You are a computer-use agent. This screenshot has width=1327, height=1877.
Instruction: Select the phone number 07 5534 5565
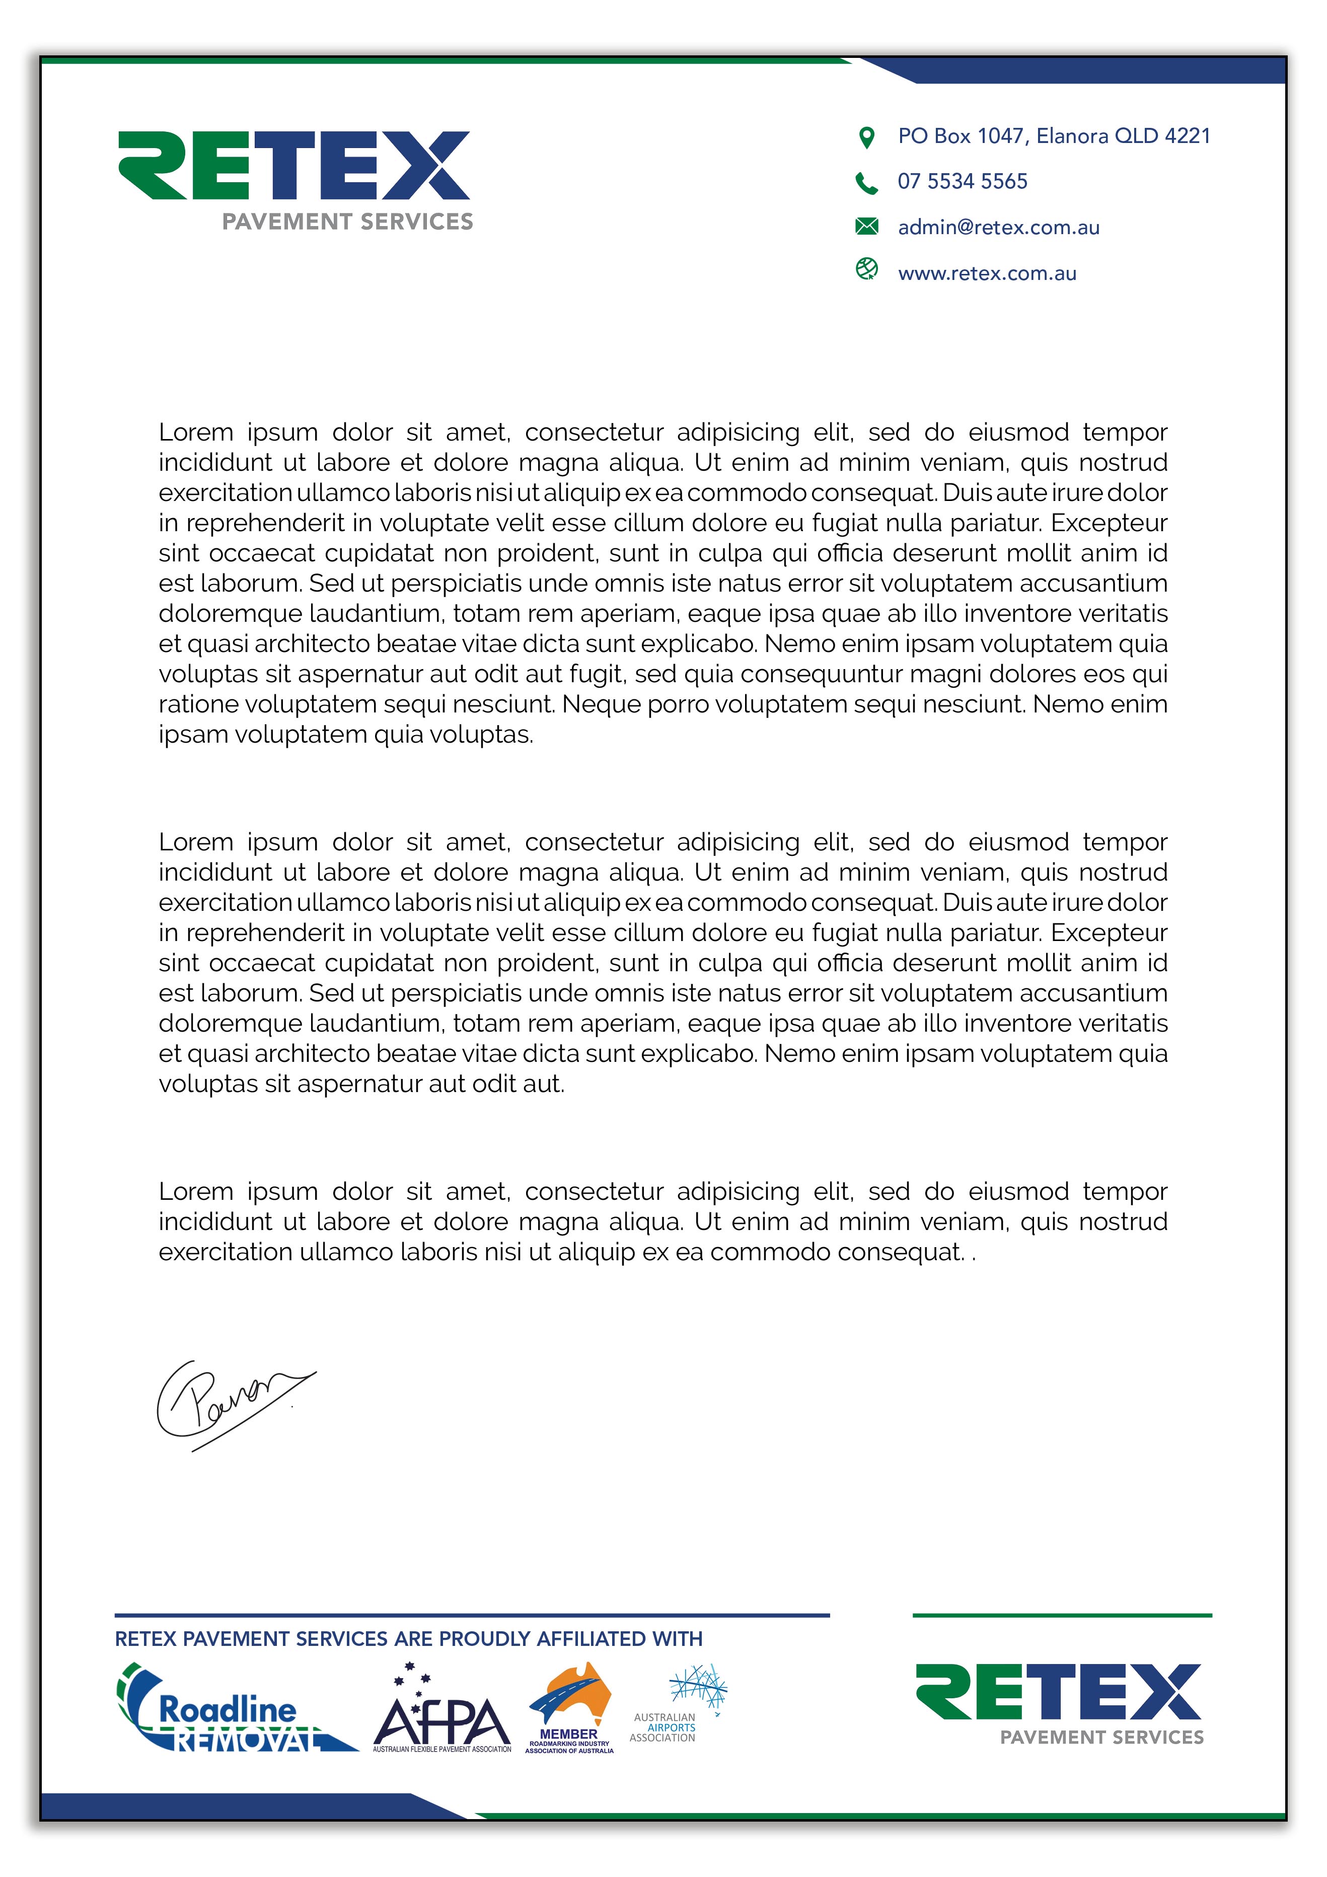pyautogui.click(x=963, y=181)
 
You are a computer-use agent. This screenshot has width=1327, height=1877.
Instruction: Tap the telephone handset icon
pyautogui.click(x=866, y=182)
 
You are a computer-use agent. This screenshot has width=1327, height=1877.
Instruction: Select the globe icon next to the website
pyautogui.click(x=866, y=269)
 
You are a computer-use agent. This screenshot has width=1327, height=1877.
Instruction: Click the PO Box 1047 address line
pyautogui.click(x=1053, y=136)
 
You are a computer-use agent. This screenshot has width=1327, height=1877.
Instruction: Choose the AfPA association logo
pyautogui.click(x=441, y=1710)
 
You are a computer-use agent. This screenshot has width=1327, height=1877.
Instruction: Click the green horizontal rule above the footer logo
pyautogui.click(x=1061, y=1615)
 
